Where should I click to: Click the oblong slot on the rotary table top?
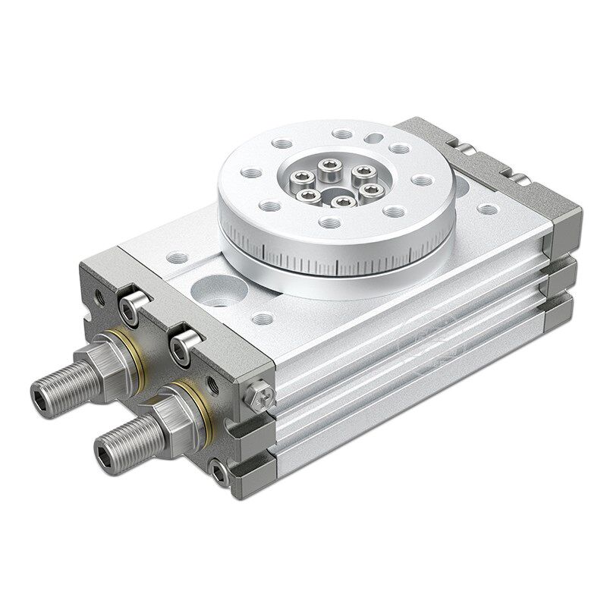[x=375, y=138]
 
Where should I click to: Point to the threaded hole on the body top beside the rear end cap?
[x=485, y=210]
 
